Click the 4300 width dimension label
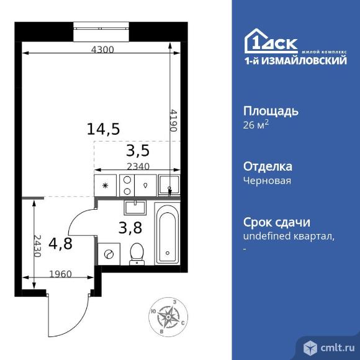pos(102,50)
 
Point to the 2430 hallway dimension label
pos(37,246)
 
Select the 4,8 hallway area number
pos(61,243)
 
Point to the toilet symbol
pos(137,253)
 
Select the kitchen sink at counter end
pos(168,184)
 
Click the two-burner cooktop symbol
pos(127,184)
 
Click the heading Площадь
pos(270,112)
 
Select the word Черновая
pos(266,181)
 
